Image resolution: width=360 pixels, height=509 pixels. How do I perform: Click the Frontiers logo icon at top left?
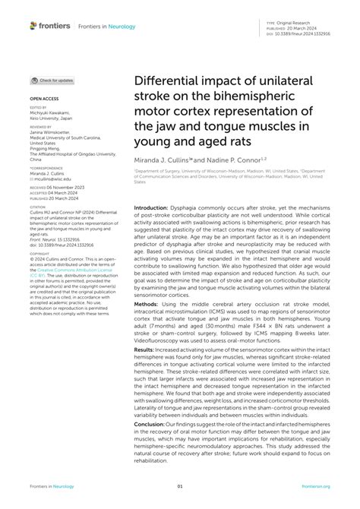tap(33, 26)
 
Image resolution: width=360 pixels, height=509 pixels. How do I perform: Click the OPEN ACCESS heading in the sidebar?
tap(44, 99)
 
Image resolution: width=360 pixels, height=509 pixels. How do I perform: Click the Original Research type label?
tap(305, 21)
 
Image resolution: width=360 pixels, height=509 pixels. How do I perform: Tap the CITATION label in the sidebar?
tap(41, 206)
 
